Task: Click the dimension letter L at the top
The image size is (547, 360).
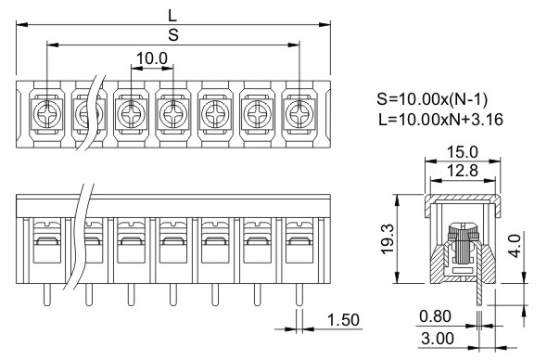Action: tap(172, 16)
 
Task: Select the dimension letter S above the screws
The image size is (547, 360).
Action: tap(173, 35)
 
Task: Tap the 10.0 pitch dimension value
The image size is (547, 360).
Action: tap(152, 58)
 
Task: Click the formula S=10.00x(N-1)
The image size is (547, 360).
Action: tap(432, 99)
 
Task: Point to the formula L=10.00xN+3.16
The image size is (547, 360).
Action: tap(441, 120)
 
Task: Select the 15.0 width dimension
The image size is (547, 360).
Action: tap(463, 152)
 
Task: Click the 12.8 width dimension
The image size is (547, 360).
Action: tap(463, 171)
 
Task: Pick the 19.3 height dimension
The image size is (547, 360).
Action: tap(388, 238)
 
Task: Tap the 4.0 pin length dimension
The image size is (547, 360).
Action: tap(515, 246)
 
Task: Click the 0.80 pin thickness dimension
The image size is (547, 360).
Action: tap(435, 316)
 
